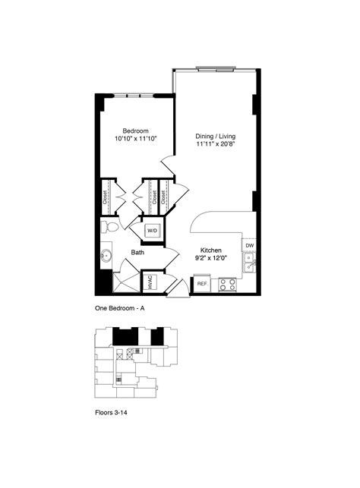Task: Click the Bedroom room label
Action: click(131, 131)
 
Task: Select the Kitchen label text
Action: click(210, 250)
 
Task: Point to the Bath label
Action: click(137, 253)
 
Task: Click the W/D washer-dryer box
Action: click(152, 231)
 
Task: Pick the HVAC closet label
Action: click(150, 282)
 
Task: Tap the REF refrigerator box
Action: click(202, 284)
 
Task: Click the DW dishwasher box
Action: click(249, 246)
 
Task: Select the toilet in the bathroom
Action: click(110, 226)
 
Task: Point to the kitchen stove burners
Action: click(226, 284)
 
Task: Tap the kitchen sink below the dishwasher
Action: click(249, 263)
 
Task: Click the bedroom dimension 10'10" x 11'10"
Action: click(131, 140)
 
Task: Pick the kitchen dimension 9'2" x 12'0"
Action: click(210, 259)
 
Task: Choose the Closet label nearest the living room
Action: click(164, 197)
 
